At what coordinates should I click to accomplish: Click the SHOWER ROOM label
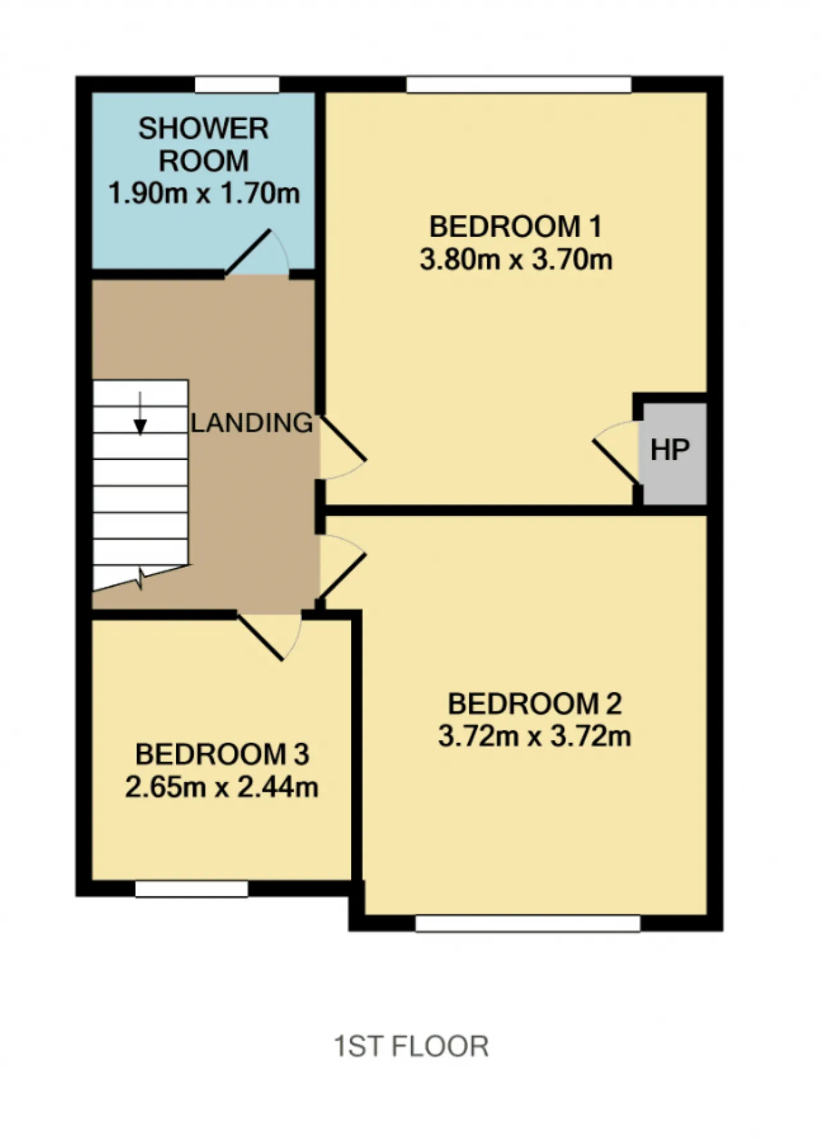pyautogui.click(x=203, y=144)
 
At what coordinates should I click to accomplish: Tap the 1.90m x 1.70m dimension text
pyautogui.click(x=204, y=193)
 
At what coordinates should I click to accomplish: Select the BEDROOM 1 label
pyautogui.click(x=516, y=226)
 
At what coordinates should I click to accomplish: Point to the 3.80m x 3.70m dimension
pyautogui.click(x=516, y=260)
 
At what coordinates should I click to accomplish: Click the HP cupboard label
pyautogui.click(x=670, y=450)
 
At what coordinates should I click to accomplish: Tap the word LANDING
pyautogui.click(x=252, y=423)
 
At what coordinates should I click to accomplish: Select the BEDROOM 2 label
pyautogui.click(x=534, y=703)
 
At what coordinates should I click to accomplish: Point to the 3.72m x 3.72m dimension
pyautogui.click(x=534, y=736)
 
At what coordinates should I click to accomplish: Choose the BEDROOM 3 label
pyautogui.click(x=222, y=754)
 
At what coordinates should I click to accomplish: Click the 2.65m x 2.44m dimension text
pyautogui.click(x=222, y=787)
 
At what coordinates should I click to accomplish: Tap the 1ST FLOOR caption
pyautogui.click(x=411, y=1046)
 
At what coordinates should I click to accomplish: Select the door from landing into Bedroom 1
pyautogui.click(x=343, y=439)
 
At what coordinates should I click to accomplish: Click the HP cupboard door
pyautogui.click(x=616, y=461)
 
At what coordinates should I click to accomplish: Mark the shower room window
pyautogui.click(x=237, y=85)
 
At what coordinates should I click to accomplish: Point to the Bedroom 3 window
pyautogui.click(x=192, y=889)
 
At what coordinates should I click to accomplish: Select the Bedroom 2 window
pyautogui.click(x=528, y=923)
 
